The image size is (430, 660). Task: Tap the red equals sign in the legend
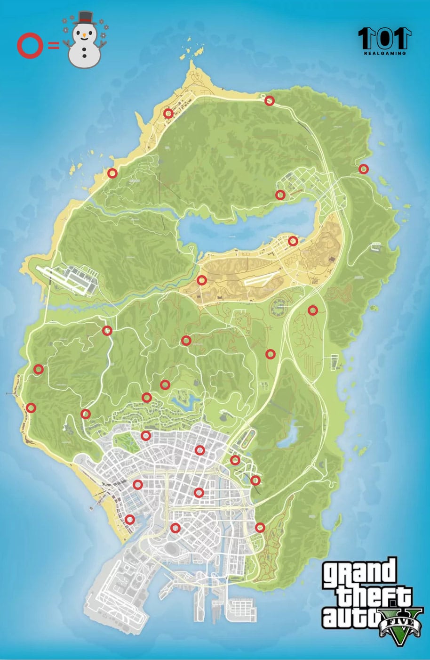53,46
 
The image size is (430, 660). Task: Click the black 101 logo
384,38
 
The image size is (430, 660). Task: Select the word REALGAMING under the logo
384,53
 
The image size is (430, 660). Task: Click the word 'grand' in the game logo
359,572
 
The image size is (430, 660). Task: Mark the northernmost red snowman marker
269,100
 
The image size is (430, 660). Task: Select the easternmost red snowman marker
363,169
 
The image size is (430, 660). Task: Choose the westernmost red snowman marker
31,407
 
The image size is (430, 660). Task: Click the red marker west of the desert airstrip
202,280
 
